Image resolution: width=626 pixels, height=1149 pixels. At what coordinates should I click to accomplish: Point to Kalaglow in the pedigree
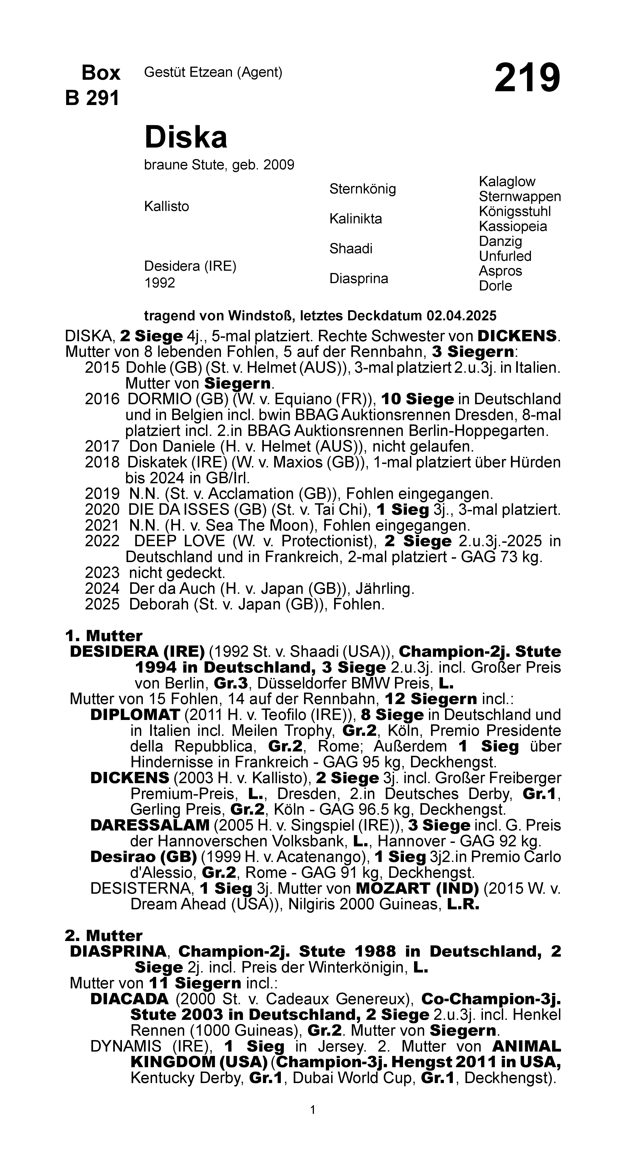click(x=507, y=182)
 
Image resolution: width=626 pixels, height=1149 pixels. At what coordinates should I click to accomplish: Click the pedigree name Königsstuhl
click(x=515, y=211)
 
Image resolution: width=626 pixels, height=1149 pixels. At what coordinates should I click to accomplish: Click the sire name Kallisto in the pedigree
click(x=166, y=207)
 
